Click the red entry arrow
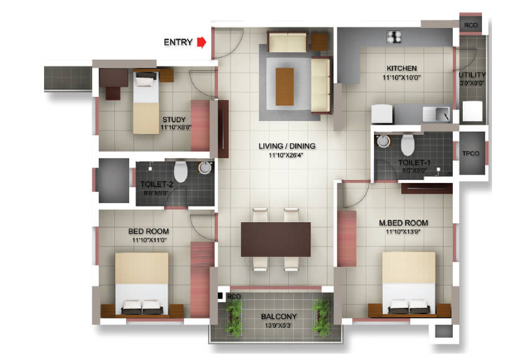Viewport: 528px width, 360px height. click(201, 42)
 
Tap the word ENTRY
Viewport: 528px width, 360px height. click(177, 42)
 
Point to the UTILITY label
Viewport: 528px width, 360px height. click(472, 75)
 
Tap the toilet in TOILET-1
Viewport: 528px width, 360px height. click(407, 145)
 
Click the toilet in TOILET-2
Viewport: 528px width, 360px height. click(181, 171)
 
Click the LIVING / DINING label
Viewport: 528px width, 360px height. click(287, 146)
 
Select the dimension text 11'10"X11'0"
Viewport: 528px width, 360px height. click(150, 240)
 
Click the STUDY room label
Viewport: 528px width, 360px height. click(174, 120)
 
